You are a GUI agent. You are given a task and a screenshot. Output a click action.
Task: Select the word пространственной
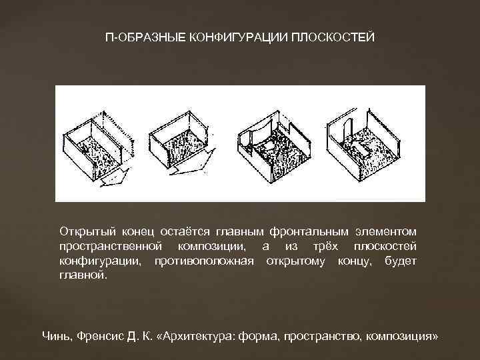click(x=102, y=246)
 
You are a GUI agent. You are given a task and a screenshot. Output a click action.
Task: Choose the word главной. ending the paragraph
click(x=82, y=274)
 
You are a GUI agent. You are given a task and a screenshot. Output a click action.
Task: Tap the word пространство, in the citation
click(x=323, y=337)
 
